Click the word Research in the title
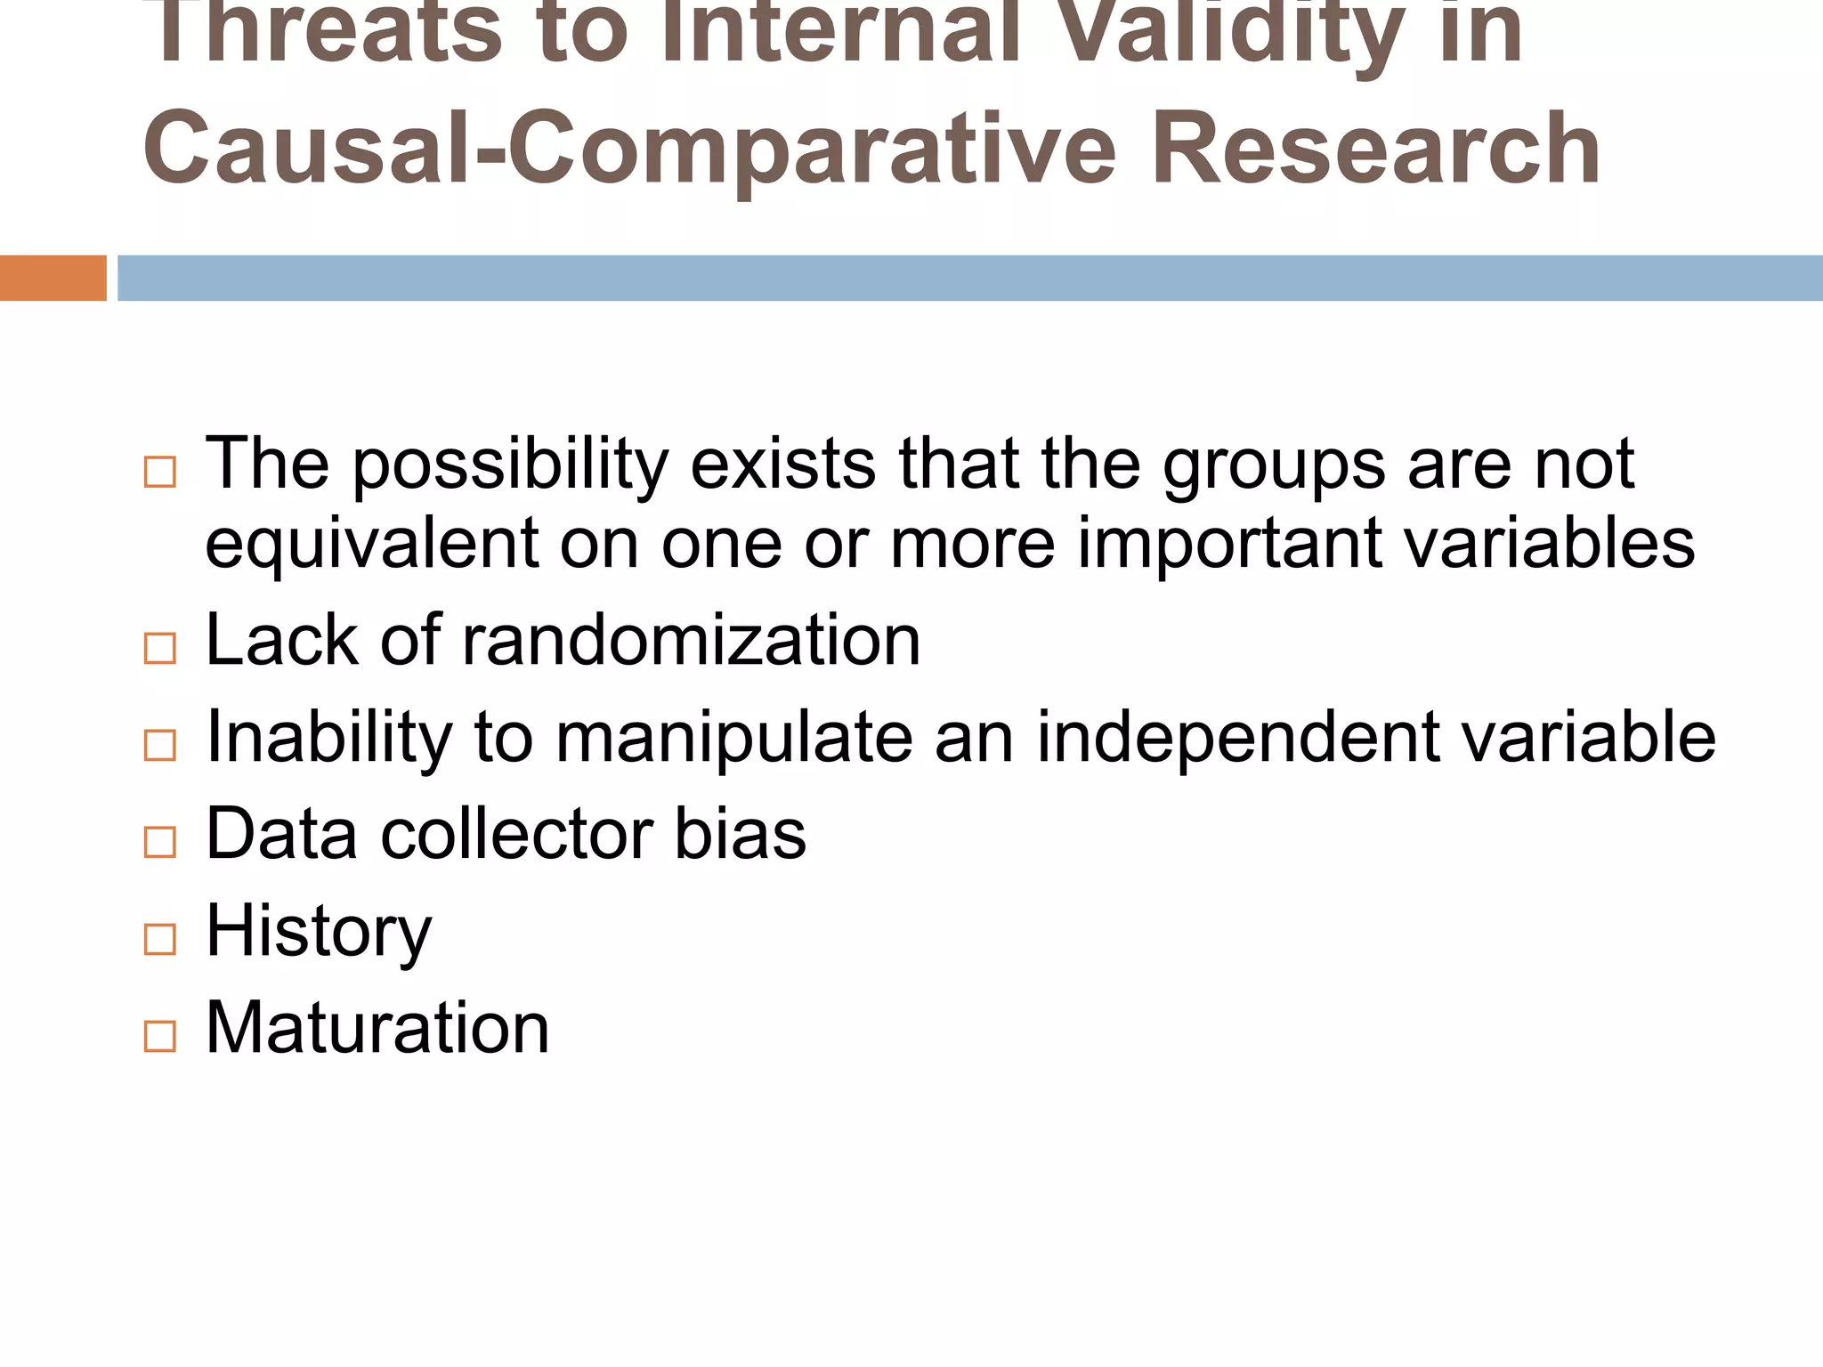click(x=1375, y=148)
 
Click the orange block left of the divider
click(x=53, y=278)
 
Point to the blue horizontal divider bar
click(x=969, y=278)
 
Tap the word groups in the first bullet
click(x=1274, y=465)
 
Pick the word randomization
click(x=691, y=640)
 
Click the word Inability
click(x=328, y=737)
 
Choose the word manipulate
click(x=734, y=737)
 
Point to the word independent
click(x=1238, y=737)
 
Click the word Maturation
click(x=377, y=1029)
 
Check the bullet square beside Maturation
click(x=159, y=1037)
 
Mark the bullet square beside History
click(x=159, y=940)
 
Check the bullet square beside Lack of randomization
click(x=159, y=648)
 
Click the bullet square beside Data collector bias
click(x=159, y=842)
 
